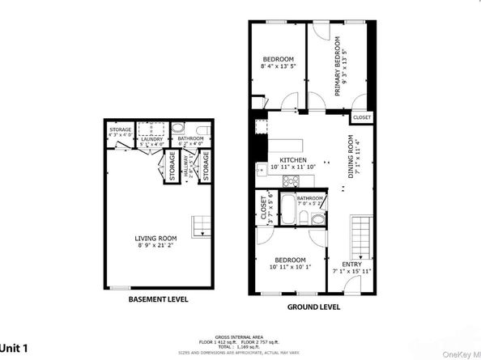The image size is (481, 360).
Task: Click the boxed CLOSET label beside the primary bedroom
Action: [361, 117]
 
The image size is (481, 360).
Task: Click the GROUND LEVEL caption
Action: [314, 307]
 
